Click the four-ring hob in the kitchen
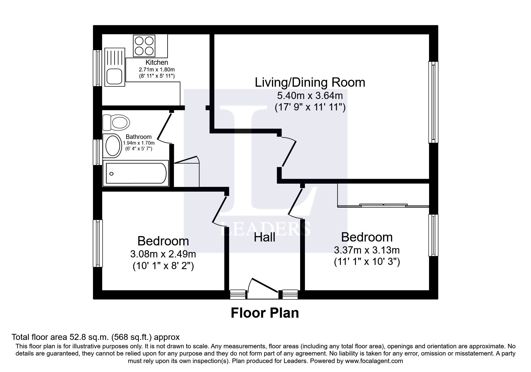pyautogui.click(x=144, y=46)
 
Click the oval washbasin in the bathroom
pyautogui.click(x=113, y=145)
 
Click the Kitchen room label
pyautogui.click(x=157, y=62)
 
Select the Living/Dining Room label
pyautogui.click(x=310, y=82)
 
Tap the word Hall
pyautogui.click(x=264, y=238)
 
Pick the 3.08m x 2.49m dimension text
pyautogui.click(x=163, y=254)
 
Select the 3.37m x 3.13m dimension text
pyautogui.click(x=366, y=250)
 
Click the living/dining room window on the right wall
pyautogui.click(x=433, y=102)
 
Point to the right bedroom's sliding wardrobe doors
pyautogui.click(x=383, y=205)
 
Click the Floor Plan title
pyautogui.click(x=264, y=313)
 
